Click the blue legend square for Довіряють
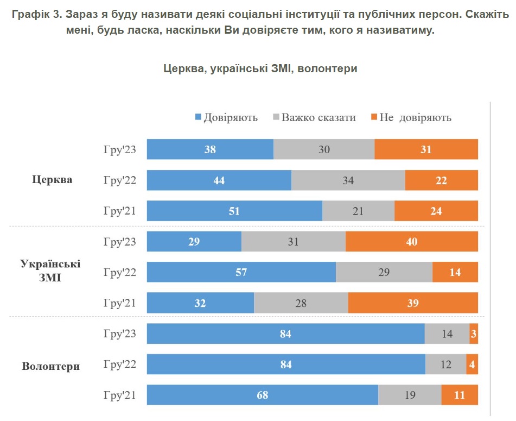(198, 117)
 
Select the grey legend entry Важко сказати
(318, 117)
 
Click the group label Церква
(52, 180)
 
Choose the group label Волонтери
(51, 366)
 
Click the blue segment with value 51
(234, 211)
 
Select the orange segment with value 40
(411, 242)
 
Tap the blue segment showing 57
(241, 272)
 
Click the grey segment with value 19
(410, 395)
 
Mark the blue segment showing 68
(262, 395)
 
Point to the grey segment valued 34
(348, 180)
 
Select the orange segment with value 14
(455, 272)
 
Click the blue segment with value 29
(194, 242)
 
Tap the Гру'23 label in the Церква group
(120, 149)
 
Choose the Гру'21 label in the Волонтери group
(120, 395)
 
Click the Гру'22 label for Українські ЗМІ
(120, 272)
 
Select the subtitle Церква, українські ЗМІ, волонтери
(260, 68)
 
